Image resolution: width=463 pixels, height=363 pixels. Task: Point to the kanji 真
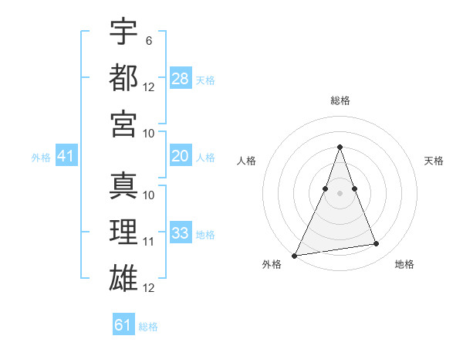(x=123, y=185)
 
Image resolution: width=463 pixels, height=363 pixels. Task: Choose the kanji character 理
(x=123, y=232)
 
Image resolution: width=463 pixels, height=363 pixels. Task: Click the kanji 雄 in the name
(x=123, y=279)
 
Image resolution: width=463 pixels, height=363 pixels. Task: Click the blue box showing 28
(x=181, y=78)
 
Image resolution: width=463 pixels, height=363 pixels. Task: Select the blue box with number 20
(x=181, y=156)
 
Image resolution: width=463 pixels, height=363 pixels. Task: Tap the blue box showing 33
(x=181, y=233)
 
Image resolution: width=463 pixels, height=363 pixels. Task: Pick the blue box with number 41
(x=66, y=156)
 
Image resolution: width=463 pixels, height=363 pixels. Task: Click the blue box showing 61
(x=123, y=325)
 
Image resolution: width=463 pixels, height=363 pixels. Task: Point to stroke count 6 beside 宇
(x=148, y=39)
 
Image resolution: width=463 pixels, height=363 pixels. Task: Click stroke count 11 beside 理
(x=149, y=242)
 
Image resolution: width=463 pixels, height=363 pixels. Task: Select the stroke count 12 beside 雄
(x=149, y=288)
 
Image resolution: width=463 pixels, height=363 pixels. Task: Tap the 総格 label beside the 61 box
(x=148, y=327)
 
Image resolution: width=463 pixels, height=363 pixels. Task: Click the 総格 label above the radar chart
(x=340, y=100)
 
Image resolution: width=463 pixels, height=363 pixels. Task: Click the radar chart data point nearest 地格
(x=377, y=244)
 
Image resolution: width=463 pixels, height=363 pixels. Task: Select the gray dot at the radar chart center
(x=340, y=193)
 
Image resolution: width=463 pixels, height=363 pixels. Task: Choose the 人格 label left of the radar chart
(x=246, y=161)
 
